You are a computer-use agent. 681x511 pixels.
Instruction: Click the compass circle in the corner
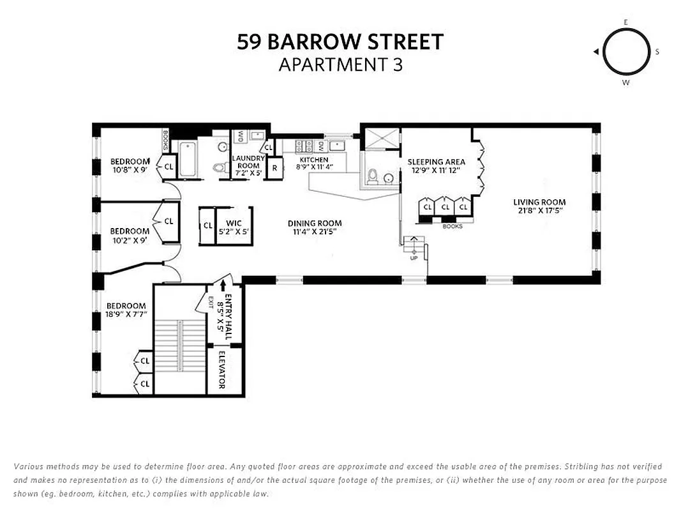(x=626, y=52)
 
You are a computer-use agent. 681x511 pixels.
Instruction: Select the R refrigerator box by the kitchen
(x=274, y=168)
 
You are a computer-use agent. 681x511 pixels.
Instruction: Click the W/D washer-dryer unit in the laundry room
(x=241, y=136)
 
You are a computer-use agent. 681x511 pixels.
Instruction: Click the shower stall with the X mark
(x=382, y=139)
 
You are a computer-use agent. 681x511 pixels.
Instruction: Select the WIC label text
(x=234, y=223)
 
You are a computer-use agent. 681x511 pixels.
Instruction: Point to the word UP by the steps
(x=414, y=258)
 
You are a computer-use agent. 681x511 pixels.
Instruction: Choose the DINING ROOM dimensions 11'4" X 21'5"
(x=315, y=233)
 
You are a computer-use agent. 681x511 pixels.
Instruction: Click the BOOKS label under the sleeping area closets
(x=452, y=226)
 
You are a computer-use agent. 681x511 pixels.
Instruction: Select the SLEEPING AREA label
(x=437, y=162)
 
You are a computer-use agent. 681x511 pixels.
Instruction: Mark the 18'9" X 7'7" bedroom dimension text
(x=126, y=314)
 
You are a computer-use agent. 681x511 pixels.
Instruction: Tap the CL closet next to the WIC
(x=207, y=225)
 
